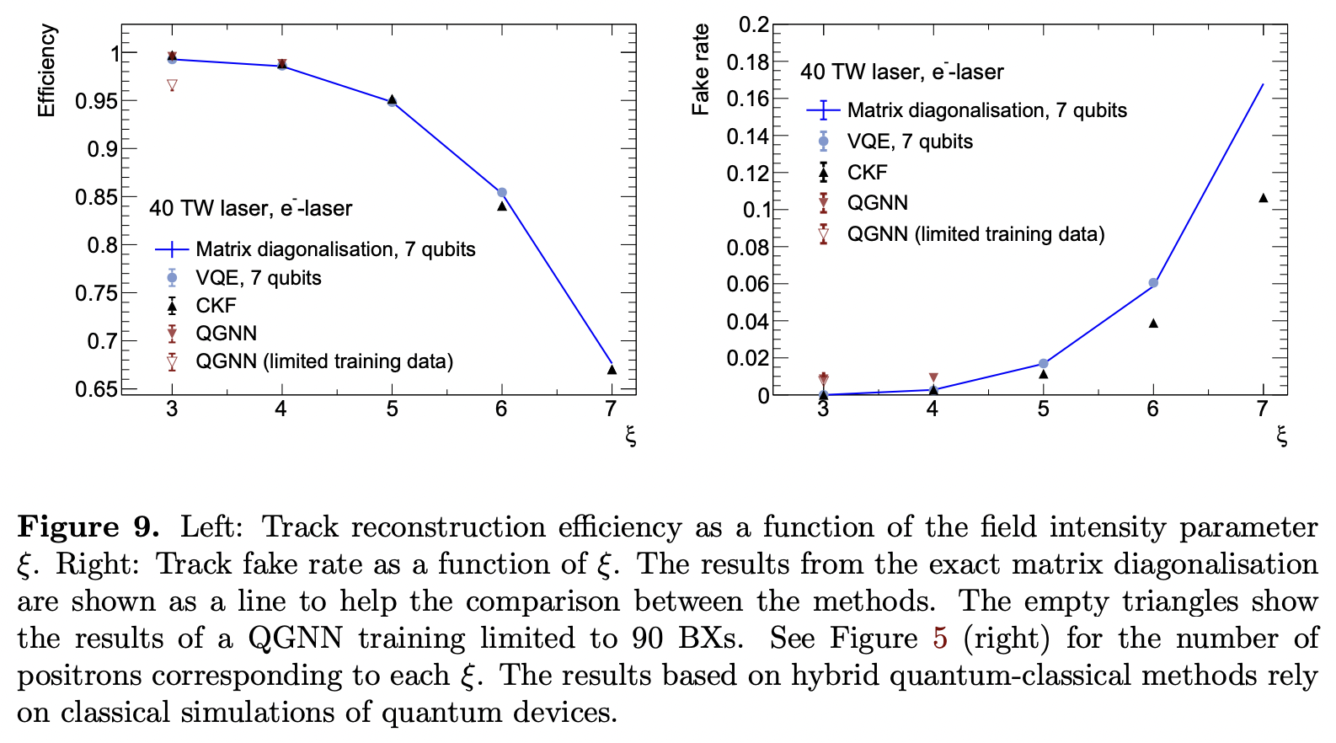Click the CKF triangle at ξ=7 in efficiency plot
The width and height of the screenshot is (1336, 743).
coord(612,369)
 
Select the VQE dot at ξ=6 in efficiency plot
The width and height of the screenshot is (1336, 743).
coord(502,193)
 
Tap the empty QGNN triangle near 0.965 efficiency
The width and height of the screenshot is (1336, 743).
coord(172,85)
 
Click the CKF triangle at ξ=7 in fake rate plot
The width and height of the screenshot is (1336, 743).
coord(1263,198)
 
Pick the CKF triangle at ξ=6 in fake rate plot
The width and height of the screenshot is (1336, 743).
coord(1153,323)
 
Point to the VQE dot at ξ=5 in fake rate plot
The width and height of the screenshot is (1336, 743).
coord(1043,363)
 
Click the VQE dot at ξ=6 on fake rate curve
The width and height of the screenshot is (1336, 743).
coord(1153,283)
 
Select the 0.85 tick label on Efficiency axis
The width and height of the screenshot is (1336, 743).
coord(95,197)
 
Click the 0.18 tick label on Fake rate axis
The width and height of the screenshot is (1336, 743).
coord(747,61)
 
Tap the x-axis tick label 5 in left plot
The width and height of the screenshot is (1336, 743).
coord(392,409)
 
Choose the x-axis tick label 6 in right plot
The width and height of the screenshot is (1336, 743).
coord(1152,409)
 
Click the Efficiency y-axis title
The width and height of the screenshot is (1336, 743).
coord(46,71)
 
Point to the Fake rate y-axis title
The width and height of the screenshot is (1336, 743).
coord(700,69)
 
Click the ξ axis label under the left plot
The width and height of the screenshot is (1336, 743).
coord(630,436)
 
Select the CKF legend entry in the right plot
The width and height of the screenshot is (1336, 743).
coord(867,172)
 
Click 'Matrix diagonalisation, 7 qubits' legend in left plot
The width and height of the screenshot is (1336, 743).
coord(335,249)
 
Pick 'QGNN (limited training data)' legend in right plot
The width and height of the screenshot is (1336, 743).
coord(975,234)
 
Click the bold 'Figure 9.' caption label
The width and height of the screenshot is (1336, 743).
coord(88,527)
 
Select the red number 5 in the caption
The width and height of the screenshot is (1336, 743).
coord(939,639)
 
